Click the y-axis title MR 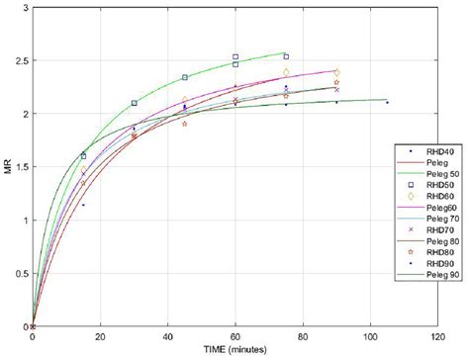pyautogui.click(x=9, y=165)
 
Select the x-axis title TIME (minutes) pyautogui.click(x=235, y=350)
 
